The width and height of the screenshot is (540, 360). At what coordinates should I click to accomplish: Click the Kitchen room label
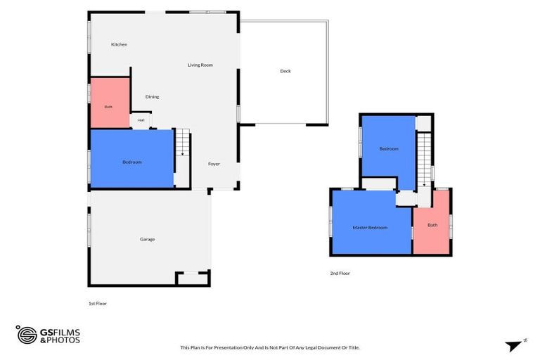[x=119, y=44]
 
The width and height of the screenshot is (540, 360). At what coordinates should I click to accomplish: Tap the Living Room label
[x=200, y=65]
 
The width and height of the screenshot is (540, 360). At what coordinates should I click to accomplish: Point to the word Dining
[x=152, y=97]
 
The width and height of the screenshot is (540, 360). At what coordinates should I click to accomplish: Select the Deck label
[x=285, y=71]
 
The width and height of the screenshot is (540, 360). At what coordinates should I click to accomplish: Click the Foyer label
[x=214, y=164]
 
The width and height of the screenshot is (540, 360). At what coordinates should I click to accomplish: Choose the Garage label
[x=148, y=239]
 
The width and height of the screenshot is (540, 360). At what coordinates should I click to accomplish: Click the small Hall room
[x=141, y=120]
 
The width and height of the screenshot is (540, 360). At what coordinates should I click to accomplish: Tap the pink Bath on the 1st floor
[x=110, y=103]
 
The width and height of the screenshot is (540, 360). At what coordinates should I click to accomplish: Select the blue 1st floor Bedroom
[x=132, y=159]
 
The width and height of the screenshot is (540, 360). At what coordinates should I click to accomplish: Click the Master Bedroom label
[x=370, y=228]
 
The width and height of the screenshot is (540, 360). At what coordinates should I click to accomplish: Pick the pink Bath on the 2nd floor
[x=432, y=223]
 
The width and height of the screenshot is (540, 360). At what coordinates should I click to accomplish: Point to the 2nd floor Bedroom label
[x=389, y=149]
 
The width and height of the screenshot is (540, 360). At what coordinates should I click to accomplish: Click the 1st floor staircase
[x=183, y=142]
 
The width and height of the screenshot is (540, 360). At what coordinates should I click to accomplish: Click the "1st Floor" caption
[x=98, y=304]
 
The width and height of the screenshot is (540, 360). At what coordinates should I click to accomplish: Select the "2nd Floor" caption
[x=340, y=274]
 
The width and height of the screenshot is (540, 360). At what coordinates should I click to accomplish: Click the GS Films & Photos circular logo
[x=27, y=335]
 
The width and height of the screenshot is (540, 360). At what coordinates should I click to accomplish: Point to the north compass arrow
[x=514, y=346]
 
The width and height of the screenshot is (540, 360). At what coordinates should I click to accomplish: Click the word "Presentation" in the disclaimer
[x=228, y=347]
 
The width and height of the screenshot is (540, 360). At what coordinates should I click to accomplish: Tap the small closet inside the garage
[x=193, y=278]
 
